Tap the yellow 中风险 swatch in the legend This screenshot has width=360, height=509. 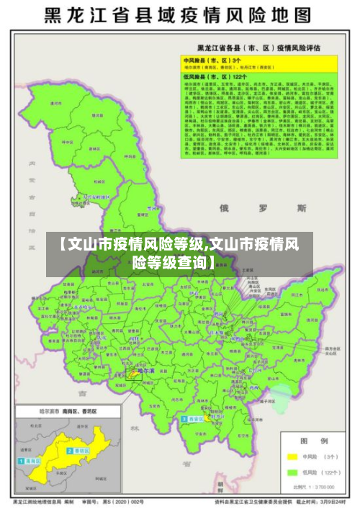[x=292, y=456]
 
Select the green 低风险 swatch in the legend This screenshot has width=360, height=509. [x=292, y=472]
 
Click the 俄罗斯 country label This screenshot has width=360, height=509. [x=263, y=208]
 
